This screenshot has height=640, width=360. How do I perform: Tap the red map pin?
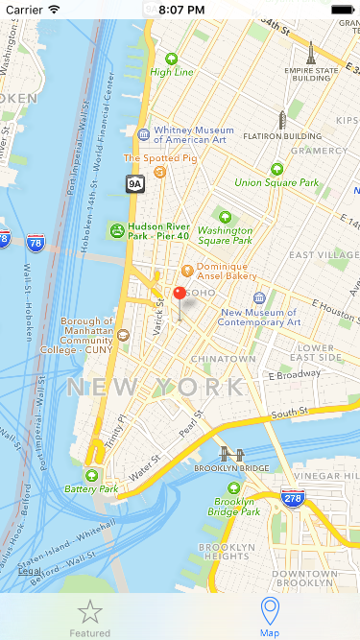(179, 295)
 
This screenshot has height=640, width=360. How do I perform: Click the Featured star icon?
(89, 611)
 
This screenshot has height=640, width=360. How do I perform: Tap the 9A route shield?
(134, 182)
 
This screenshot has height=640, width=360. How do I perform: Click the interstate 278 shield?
(293, 498)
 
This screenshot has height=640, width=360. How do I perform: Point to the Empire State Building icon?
(311, 53)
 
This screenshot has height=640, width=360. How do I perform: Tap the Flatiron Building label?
(281, 136)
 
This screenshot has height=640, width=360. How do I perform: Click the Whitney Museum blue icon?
(144, 134)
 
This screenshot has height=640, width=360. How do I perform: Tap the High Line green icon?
(172, 59)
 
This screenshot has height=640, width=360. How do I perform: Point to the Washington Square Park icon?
(226, 217)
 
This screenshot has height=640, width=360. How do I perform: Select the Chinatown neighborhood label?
(223, 358)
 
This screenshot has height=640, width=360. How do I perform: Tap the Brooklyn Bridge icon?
(230, 454)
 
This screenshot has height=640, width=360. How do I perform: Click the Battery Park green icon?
(92, 476)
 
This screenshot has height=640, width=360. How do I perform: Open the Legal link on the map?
(30, 571)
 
